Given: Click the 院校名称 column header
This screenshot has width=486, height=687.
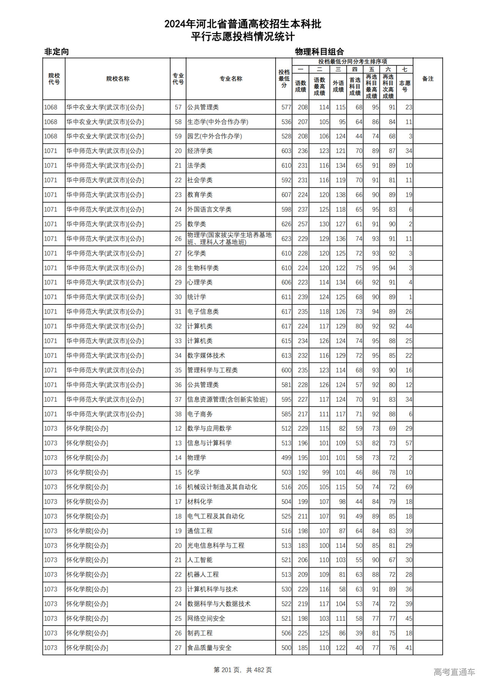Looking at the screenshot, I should tap(118, 79).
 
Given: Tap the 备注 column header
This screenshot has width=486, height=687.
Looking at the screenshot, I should tap(428, 79).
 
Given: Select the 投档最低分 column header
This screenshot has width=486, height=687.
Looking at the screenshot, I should tap(284, 79).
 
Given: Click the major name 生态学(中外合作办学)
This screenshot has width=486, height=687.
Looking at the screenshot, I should tap(218, 122).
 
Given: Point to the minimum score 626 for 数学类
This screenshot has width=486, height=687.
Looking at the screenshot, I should tap(286, 224).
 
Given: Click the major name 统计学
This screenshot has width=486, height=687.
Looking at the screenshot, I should tap(197, 297).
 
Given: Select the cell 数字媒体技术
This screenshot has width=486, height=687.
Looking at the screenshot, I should tap(206, 355).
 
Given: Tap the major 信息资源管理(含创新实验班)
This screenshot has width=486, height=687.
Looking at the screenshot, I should tap(227, 399).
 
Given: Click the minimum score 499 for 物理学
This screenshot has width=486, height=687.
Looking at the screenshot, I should tap(286, 458).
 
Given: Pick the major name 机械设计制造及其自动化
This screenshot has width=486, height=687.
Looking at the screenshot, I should tap(222, 487).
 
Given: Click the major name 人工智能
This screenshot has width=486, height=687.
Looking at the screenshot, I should tap(200, 560).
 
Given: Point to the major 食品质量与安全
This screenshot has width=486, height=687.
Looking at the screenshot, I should tap(209, 648).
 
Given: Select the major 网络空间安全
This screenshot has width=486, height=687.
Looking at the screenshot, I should tap(206, 618).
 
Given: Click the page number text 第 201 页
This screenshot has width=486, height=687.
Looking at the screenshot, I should tap(228, 670).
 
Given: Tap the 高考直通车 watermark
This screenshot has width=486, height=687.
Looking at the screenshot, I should tap(454, 672).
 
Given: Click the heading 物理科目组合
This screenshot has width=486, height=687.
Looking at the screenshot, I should tap(319, 52).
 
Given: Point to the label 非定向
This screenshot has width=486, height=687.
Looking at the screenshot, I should tap(57, 52).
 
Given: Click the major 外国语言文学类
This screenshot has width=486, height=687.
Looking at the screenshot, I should tap(209, 209).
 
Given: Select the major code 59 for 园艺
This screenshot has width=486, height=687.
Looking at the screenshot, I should tap(178, 136).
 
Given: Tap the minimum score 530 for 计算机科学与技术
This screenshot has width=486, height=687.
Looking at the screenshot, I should tap(286, 589).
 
